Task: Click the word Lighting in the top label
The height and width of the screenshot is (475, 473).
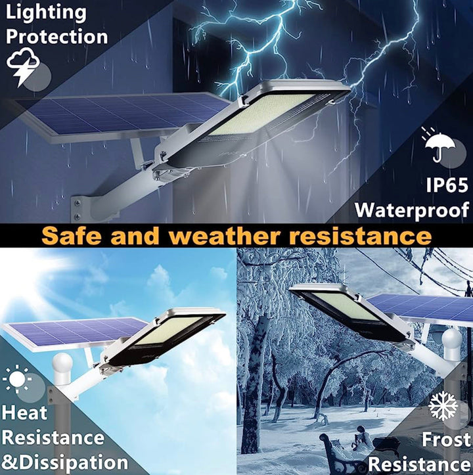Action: (45, 12)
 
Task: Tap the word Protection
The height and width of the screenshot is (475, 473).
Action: (56, 35)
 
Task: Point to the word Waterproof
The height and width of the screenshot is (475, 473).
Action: (412, 210)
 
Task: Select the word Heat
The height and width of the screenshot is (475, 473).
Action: (26, 413)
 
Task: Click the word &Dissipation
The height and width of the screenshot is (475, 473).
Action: (64, 461)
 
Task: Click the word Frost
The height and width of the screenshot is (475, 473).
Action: (446, 439)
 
